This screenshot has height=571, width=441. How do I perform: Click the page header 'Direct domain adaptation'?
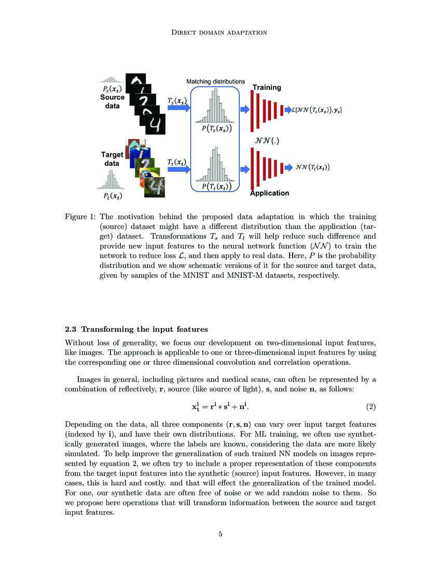pyautogui.click(x=220, y=32)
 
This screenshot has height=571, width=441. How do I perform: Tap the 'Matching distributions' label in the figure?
pyautogui.click(x=215, y=81)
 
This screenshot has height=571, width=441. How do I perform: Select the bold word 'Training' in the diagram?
pyautogui.click(x=266, y=88)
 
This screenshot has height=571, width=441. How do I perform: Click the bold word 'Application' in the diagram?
pyautogui.click(x=269, y=193)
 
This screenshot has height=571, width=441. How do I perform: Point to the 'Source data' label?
pyautogui.click(x=112, y=101)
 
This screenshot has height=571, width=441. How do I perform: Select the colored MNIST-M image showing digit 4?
pyautogui.click(x=154, y=186)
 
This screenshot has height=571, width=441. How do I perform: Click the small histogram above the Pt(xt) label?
pyautogui.click(x=110, y=181)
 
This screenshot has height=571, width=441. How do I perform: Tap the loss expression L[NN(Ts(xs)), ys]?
pyautogui.click(x=318, y=110)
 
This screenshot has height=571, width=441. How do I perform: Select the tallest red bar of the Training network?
pyautogui.click(x=253, y=111)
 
